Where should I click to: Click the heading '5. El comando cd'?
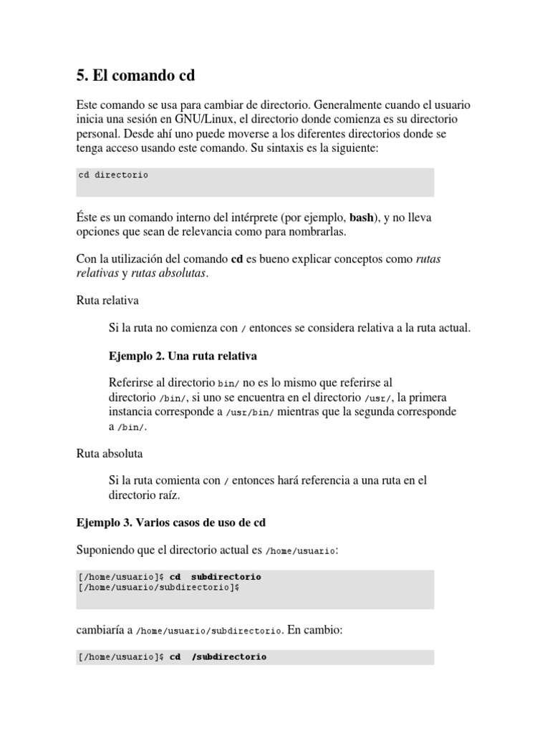135,74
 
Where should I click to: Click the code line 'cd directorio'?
113,175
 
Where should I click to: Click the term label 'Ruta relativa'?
107,300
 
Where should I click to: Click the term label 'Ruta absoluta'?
110,453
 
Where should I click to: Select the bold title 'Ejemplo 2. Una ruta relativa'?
183,355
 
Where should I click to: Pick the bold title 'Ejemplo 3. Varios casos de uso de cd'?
171,523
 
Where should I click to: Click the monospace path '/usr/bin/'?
249,412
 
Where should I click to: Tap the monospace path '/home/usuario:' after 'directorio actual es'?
301,550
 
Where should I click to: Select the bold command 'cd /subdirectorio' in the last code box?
218,656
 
